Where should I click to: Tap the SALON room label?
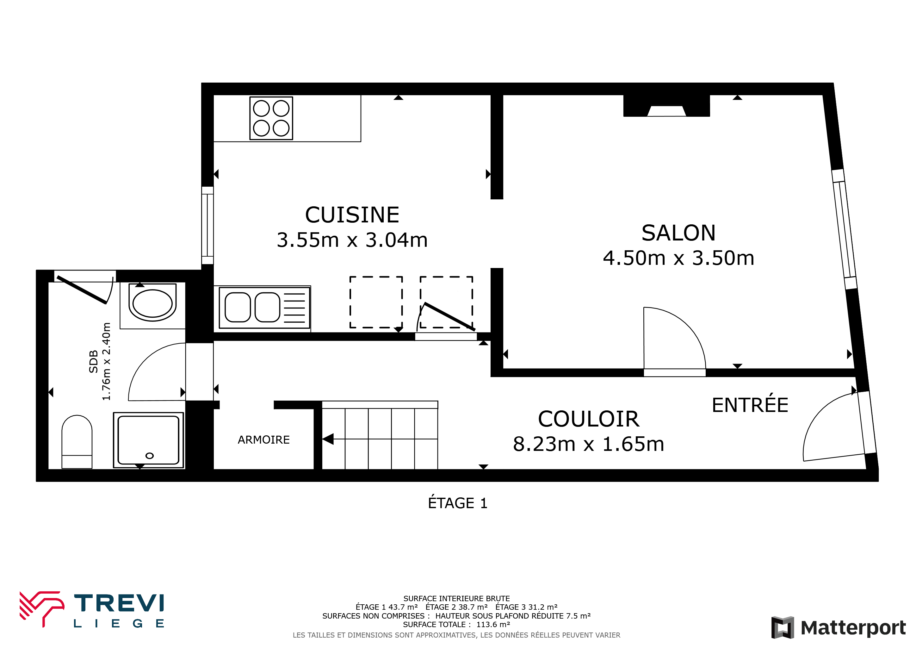pyautogui.click(x=678, y=233)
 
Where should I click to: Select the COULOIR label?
pyautogui.click(x=588, y=419)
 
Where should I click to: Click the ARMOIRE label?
pyautogui.click(x=264, y=440)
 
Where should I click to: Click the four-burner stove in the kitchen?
pyautogui.click(x=271, y=118)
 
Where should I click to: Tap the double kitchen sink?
pyautogui.click(x=264, y=307)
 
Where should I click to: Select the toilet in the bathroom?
pyautogui.click(x=77, y=442)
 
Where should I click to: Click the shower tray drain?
pyautogui.click(x=150, y=456)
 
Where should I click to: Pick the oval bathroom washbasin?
pyautogui.click(x=152, y=303)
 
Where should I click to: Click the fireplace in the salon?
pyautogui.click(x=667, y=106)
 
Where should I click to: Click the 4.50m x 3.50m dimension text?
pyautogui.click(x=678, y=258)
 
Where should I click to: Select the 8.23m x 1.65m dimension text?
pyautogui.click(x=588, y=444)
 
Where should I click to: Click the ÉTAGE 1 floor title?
pyautogui.click(x=458, y=503)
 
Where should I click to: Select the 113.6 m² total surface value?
pyautogui.click(x=493, y=625)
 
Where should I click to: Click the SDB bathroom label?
pyautogui.click(x=93, y=362)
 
